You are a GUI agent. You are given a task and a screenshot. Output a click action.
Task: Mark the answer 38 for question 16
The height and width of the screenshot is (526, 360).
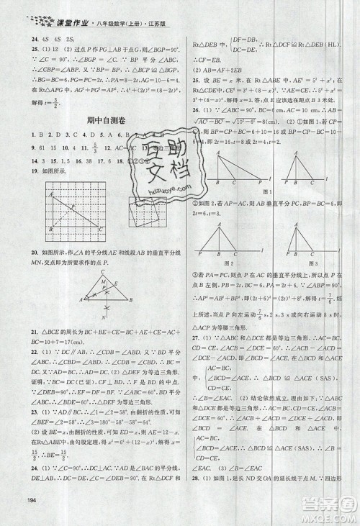coord(76,162)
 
